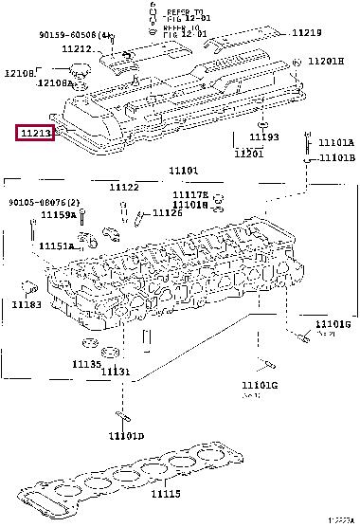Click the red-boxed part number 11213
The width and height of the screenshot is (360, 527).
pos(35,133)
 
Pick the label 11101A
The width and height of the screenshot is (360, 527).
pos(335,143)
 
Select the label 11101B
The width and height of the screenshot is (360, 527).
pos(335,158)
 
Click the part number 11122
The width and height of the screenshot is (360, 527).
pos(124,188)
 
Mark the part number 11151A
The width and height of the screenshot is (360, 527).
pos(56,246)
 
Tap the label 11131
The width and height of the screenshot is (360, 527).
pos(117,372)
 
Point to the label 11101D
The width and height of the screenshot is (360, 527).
pos(125,436)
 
